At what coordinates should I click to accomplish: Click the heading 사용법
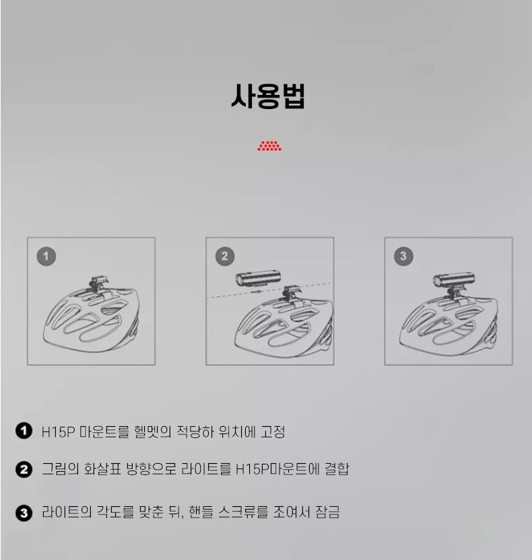coord(268,96)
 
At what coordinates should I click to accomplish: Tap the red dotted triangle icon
coord(269,146)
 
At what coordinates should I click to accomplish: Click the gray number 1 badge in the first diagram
coord(46,256)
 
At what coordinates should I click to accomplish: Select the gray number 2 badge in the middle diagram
coord(225,256)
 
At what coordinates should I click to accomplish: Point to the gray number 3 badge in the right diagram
coord(403,256)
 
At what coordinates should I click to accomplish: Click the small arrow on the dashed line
coord(256,292)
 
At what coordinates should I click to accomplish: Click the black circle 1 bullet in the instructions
coord(24,431)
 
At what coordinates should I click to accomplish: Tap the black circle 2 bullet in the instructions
coord(24,469)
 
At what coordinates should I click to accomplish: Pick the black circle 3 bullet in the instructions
coord(24,513)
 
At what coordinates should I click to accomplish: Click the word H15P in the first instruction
coord(58,432)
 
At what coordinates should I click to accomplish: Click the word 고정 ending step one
coord(273,432)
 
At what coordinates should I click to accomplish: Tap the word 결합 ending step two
coord(337,469)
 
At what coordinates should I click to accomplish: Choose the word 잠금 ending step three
coord(327,512)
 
